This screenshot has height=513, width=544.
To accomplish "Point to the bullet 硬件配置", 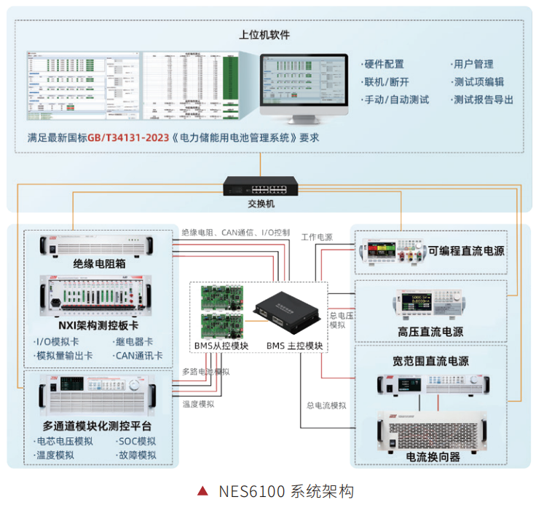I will pyautogui.click(x=385, y=65).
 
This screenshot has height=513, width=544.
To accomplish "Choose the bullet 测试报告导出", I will pyautogui.click(x=483, y=100).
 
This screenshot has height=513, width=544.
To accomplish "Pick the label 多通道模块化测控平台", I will pyautogui.click(x=101, y=425).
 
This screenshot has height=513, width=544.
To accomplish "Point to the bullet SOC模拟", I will pyautogui.click(x=138, y=441).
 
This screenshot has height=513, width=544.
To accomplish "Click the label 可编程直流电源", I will pyautogui.click(x=466, y=252).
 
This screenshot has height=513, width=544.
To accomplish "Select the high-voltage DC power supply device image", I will pyautogui.click(x=430, y=302).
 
